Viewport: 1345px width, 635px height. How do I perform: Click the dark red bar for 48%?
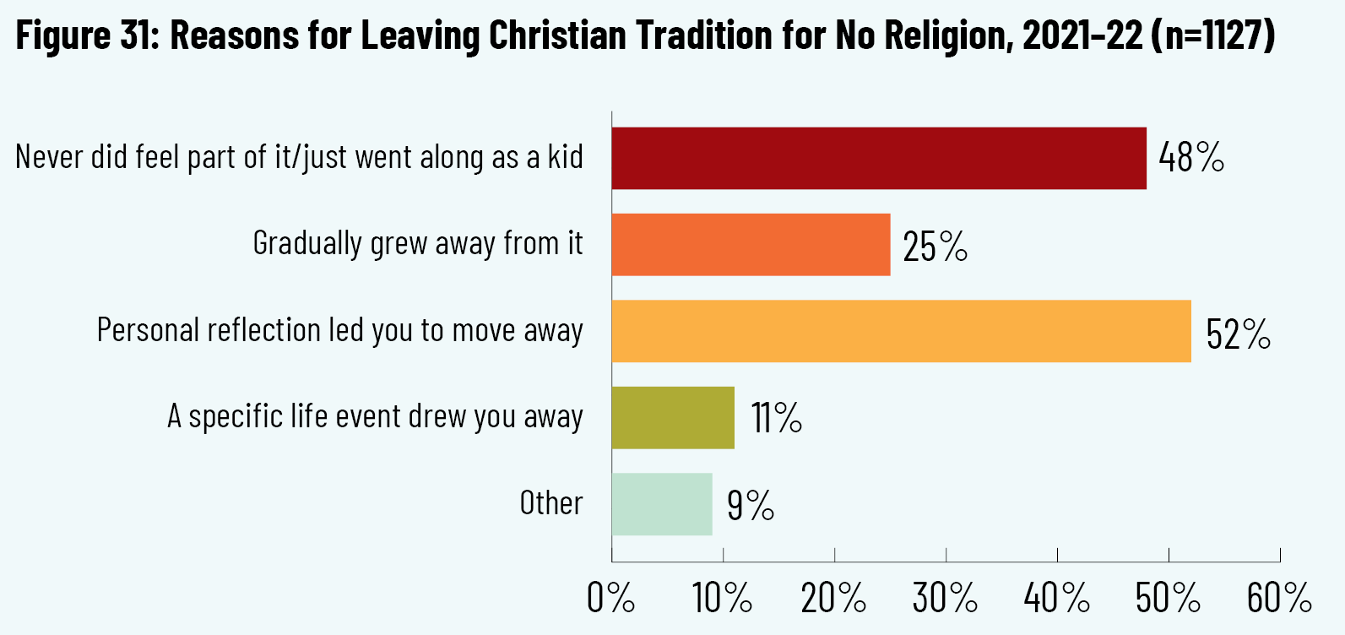tap(879, 158)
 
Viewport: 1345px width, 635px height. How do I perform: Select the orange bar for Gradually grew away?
tap(751, 244)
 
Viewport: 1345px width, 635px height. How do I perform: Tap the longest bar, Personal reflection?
tap(901, 331)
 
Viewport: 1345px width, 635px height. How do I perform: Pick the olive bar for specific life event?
tap(673, 417)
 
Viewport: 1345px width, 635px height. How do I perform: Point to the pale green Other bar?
tap(662, 504)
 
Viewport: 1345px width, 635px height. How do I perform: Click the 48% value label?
tap(1191, 158)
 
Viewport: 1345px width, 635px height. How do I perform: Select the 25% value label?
tap(935, 247)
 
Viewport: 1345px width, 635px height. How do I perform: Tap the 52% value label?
tap(1238, 334)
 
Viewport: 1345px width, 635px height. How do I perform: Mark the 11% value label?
tap(776, 418)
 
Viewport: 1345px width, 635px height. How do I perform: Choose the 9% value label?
tap(750, 506)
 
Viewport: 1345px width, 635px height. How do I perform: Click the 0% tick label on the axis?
tap(610, 599)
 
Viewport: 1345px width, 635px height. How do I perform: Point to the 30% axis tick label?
tap(945, 599)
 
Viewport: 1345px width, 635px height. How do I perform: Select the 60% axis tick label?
tap(1279, 599)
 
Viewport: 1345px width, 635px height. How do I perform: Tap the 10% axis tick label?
tap(722, 599)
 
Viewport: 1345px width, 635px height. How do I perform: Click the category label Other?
tap(550, 503)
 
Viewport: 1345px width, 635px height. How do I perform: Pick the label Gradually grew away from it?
tap(418, 243)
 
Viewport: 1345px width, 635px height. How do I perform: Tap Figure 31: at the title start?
tap(88, 35)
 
